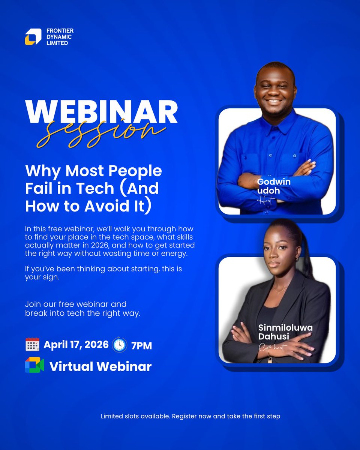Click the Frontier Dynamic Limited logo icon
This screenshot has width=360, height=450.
[x=33, y=37]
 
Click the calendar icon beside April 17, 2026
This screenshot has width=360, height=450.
[x=32, y=344]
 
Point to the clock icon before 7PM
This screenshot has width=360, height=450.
[x=119, y=345]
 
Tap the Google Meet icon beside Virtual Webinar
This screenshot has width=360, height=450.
[x=34, y=365]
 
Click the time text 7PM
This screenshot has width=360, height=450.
[x=141, y=345]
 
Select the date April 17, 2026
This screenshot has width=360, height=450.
[x=76, y=344]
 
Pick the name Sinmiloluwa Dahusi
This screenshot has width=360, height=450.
[x=285, y=332]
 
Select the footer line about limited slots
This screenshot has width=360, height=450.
[x=190, y=416]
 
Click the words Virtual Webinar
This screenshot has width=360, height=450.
[x=100, y=366]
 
